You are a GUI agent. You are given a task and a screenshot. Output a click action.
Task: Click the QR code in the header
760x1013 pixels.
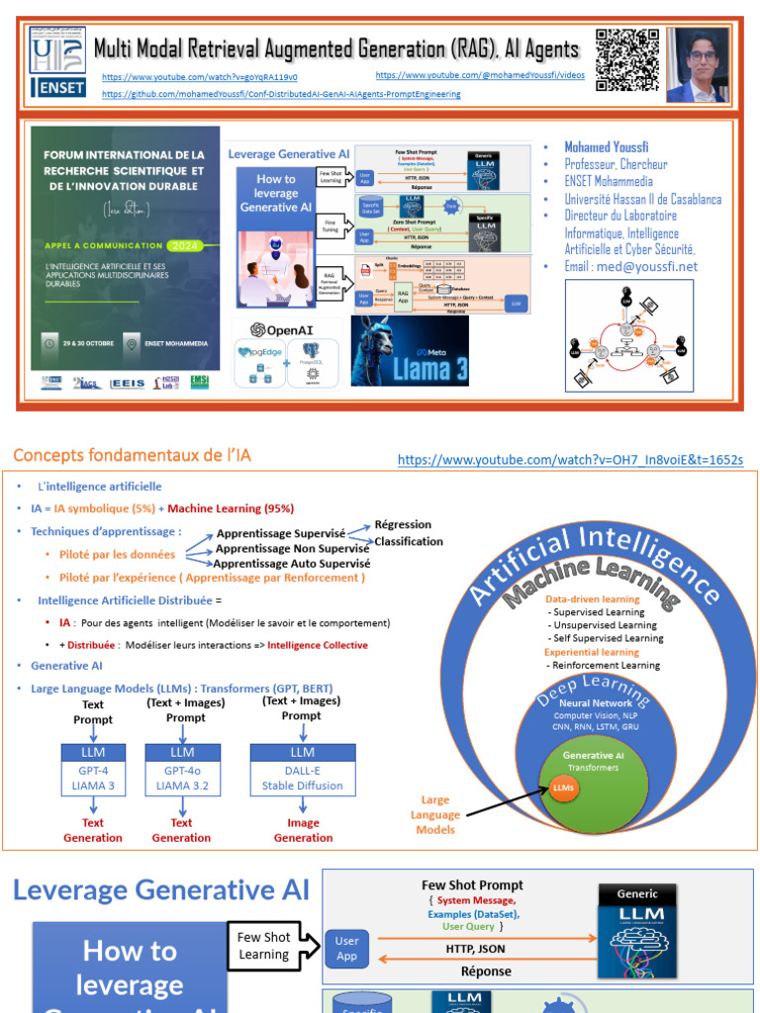tap(627, 60)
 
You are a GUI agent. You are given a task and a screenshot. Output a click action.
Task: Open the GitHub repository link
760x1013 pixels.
tap(280, 94)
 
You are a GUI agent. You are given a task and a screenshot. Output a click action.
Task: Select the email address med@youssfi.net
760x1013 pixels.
tap(630, 266)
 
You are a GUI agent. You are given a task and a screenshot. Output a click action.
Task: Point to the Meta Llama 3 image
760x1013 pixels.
tap(410, 351)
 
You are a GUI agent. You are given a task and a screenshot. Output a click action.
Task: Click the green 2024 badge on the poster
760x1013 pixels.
tap(183, 245)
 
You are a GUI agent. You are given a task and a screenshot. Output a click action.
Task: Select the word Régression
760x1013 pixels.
tap(403, 524)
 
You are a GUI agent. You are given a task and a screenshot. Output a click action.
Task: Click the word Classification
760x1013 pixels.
tap(409, 541)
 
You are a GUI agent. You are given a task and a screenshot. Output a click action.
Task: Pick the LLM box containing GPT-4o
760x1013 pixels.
tap(182, 770)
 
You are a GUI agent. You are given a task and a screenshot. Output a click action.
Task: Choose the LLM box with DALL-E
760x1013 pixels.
tap(302, 770)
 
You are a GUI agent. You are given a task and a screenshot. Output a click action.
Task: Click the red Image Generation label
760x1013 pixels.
tap(303, 830)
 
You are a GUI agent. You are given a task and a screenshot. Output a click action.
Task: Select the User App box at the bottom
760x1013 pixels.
tap(346, 949)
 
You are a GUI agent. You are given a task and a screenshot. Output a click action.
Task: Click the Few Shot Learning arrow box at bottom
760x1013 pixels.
tap(265, 946)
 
